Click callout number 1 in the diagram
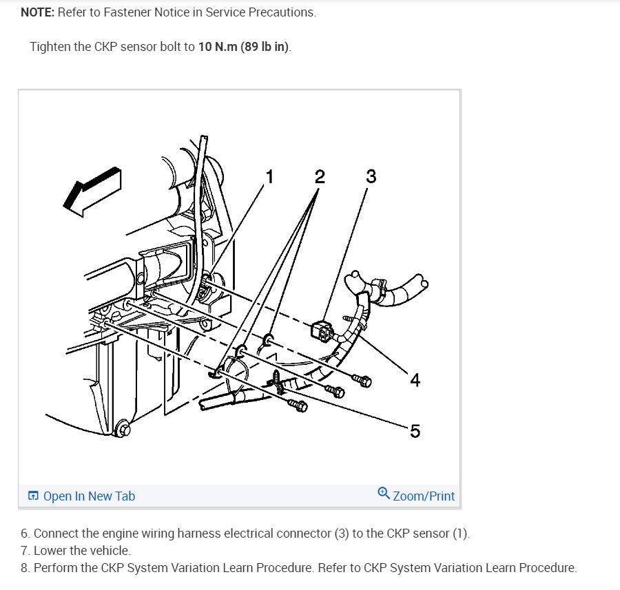point(269,177)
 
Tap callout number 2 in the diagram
point(320,177)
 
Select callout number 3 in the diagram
point(371,176)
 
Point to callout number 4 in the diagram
point(415,380)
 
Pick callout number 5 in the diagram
point(415,431)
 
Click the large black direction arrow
point(93,191)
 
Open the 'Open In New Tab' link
point(89,496)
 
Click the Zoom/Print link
point(424,496)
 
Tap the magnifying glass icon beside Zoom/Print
point(384,493)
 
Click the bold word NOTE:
point(38,12)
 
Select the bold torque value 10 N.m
point(218,47)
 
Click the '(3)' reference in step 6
point(342,534)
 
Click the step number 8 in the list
point(25,568)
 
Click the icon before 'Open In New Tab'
point(33,496)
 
